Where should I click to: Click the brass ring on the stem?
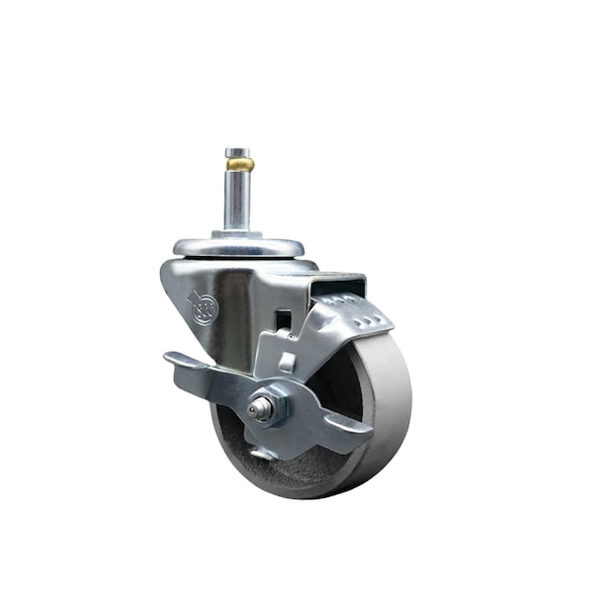tap(238, 165)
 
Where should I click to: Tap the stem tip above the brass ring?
tap(237, 152)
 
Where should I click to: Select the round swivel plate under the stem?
tap(238, 247)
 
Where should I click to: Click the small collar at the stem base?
tap(238, 232)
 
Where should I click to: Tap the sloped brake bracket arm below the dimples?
tap(316, 346)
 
